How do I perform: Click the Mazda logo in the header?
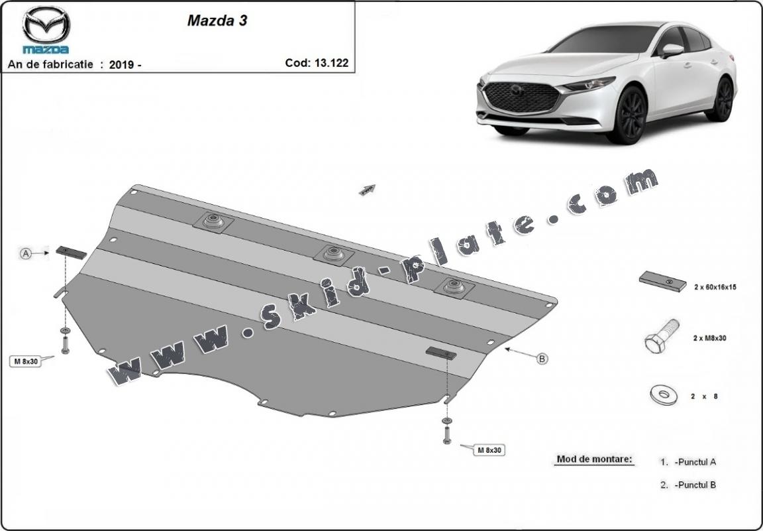click(x=46, y=29)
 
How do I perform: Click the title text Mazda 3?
click(x=217, y=20)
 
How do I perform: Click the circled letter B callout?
click(x=542, y=359)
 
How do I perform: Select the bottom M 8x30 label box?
click(x=489, y=450)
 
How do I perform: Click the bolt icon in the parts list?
click(x=661, y=337)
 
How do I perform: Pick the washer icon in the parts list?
click(x=662, y=395)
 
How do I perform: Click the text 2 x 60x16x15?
click(x=715, y=287)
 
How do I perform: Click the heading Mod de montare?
click(x=594, y=459)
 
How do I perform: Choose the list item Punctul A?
click(x=695, y=461)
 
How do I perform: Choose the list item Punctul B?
click(x=695, y=485)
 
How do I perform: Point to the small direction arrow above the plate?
click(x=367, y=190)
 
